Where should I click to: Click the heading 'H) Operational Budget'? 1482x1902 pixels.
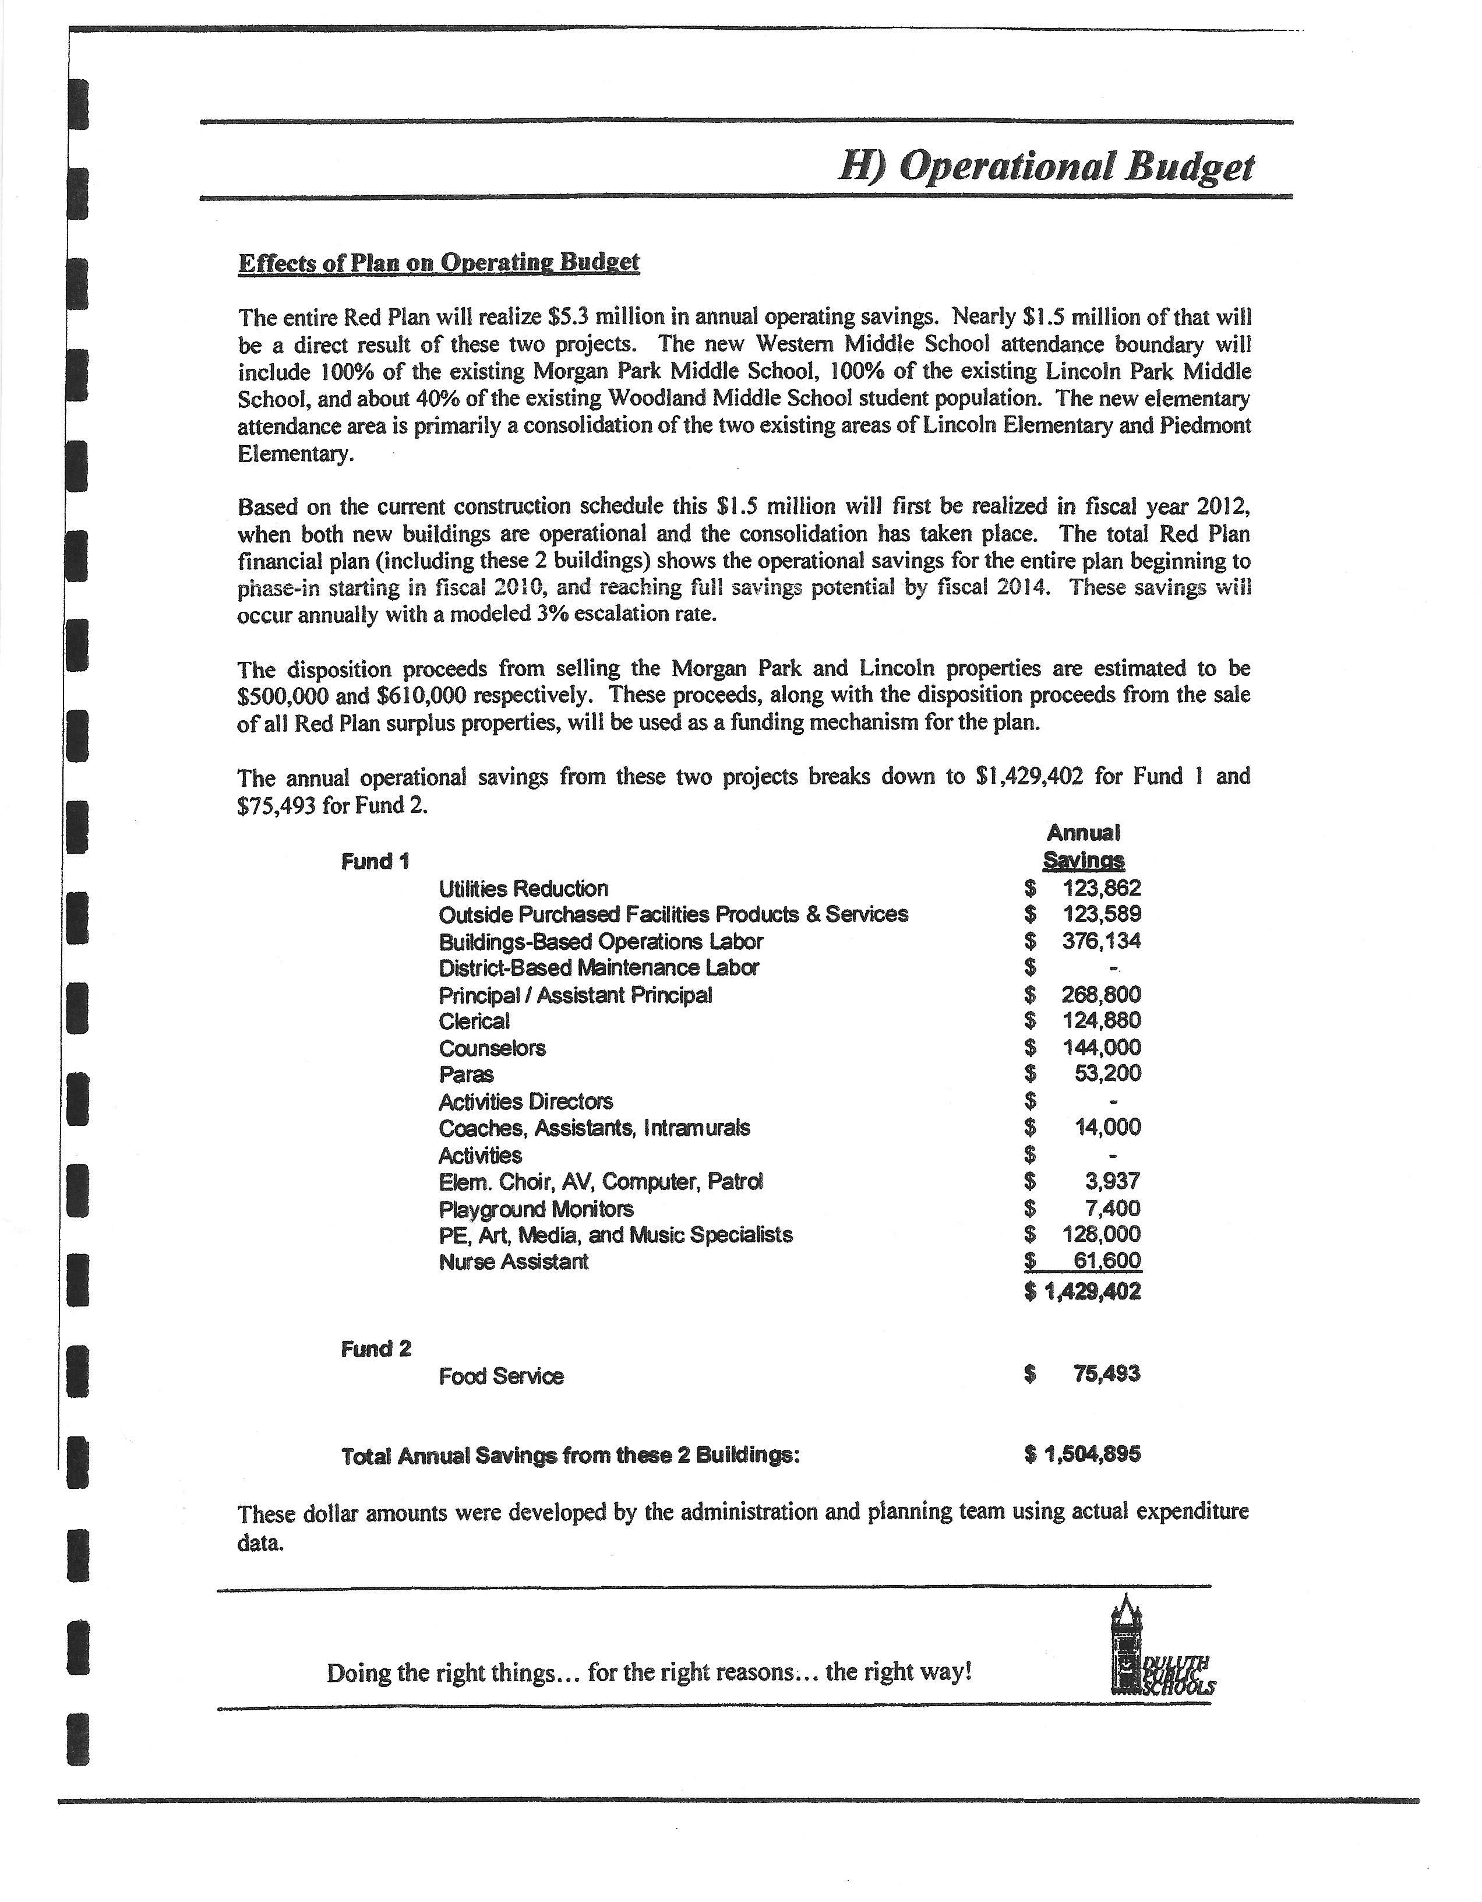pyautogui.click(x=1045, y=165)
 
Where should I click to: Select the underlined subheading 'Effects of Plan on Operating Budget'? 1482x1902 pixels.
pyautogui.click(x=439, y=262)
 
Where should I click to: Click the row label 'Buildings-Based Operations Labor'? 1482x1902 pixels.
pyautogui.click(x=601, y=942)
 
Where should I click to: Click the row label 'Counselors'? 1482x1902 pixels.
pyautogui.click(x=492, y=1048)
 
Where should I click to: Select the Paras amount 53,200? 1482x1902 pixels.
pyautogui.click(x=1107, y=1074)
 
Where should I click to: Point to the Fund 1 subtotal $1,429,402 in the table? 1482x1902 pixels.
pyautogui.click(x=1083, y=1291)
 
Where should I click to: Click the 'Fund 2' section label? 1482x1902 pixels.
pyautogui.click(x=376, y=1349)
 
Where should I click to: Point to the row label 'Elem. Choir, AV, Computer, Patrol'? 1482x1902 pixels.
pyautogui.click(x=601, y=1182)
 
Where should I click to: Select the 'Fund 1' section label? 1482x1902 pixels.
pyautogui.click(x=375, y=861)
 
